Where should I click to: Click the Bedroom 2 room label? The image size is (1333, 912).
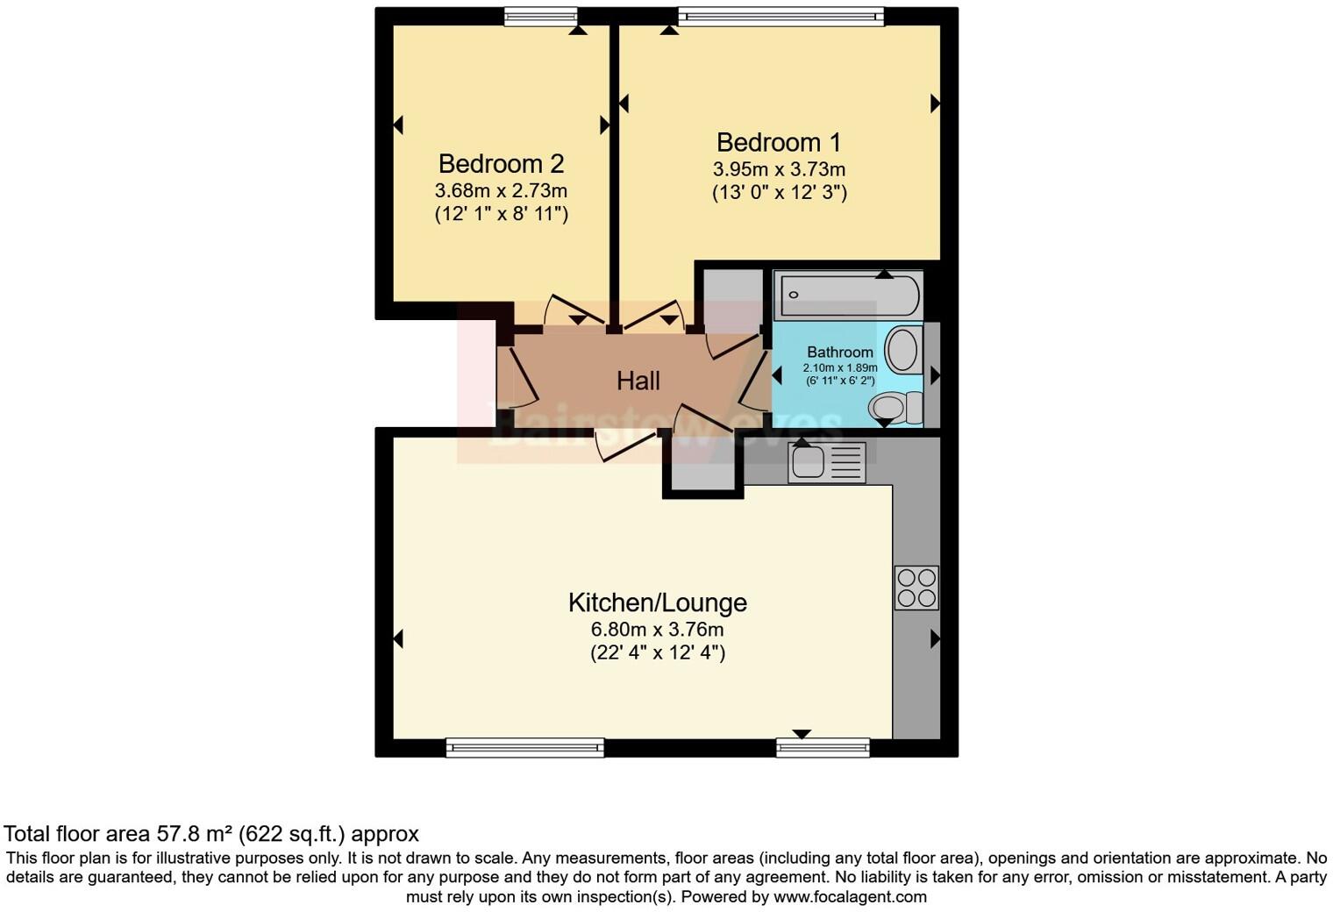tap(501, 164)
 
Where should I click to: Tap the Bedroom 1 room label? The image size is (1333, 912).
tap(779, 142)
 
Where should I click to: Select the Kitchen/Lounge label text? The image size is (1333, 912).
tap(658, 602)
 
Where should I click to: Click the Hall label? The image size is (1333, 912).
tap(638, 381)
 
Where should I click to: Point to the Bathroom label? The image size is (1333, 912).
tap(839, 352)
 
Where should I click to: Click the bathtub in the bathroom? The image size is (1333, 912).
tap(850, 295)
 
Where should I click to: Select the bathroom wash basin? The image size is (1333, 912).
tap(902, 349)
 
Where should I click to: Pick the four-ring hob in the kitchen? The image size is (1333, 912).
tap(916, 588)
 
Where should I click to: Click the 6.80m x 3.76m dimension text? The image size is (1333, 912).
tap(657, 630)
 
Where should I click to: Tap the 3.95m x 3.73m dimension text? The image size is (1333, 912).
tap(779, 169)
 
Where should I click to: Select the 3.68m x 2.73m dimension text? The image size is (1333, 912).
tap(501, 190)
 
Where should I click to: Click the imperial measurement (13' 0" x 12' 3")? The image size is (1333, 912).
tap(779, 193)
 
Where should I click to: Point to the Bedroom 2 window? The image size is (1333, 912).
tap(541, 16)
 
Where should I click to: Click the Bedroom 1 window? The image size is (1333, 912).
tap(781, 16)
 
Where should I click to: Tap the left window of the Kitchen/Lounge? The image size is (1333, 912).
tap(524, 747)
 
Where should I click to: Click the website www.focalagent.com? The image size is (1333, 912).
tap(850, 897)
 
